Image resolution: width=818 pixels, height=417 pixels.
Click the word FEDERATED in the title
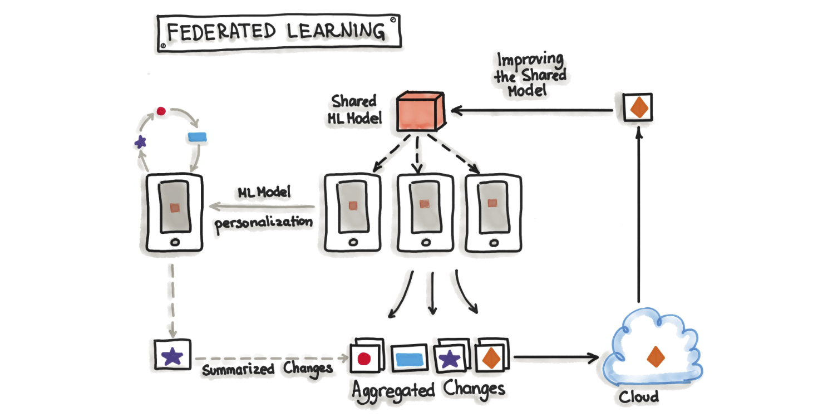pos(221,32)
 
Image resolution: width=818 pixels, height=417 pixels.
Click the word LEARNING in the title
pos(336,32)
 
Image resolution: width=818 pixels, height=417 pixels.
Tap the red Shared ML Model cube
pos(418,113)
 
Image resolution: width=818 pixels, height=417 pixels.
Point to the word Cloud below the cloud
pos(639,396)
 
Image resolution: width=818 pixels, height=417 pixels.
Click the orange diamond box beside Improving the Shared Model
pos(637,106)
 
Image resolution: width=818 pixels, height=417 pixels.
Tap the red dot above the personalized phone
pos(161,111)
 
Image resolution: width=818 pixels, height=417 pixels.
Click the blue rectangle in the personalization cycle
pos(195,137)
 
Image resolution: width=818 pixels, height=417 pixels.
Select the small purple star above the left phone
pos(140,142)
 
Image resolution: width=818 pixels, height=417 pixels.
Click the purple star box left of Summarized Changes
pos(173,355)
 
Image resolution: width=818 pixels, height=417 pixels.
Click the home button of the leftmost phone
pos(175,242)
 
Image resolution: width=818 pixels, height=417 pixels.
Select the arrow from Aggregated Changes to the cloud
pos(556,356)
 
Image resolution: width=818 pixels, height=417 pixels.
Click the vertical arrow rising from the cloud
pos(638,217)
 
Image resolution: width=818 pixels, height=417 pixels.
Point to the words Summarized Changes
pos(267,369)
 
